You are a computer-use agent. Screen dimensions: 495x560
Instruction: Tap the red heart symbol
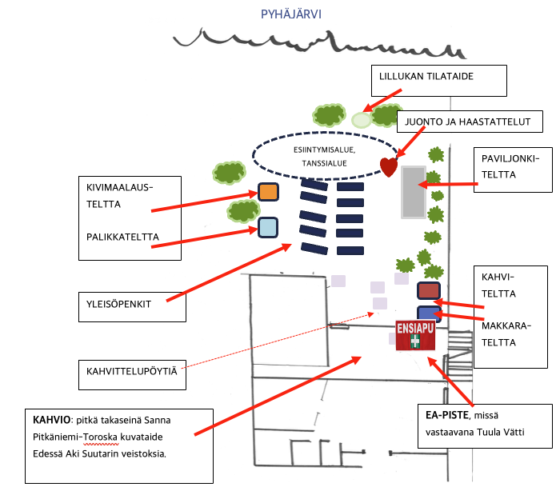[389, 166]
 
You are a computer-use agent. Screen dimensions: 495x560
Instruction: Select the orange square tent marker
[268, 192]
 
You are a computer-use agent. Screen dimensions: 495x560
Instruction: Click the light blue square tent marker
[268, 228]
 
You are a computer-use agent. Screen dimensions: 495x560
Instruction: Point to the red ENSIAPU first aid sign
[415, 335]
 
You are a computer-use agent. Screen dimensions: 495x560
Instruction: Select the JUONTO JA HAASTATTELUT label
[469, 122]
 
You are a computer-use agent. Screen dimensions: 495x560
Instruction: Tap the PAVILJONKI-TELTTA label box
[513, 169]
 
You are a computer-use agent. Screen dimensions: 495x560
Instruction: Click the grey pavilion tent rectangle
[413, 192]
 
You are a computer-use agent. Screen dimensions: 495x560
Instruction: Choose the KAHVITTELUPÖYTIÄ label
[132, 371]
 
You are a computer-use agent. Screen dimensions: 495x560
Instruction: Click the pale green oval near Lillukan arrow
[362, 121]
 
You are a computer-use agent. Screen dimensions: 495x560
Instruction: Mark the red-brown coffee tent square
[429, 291]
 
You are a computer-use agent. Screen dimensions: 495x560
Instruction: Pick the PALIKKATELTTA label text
[122, 237]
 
